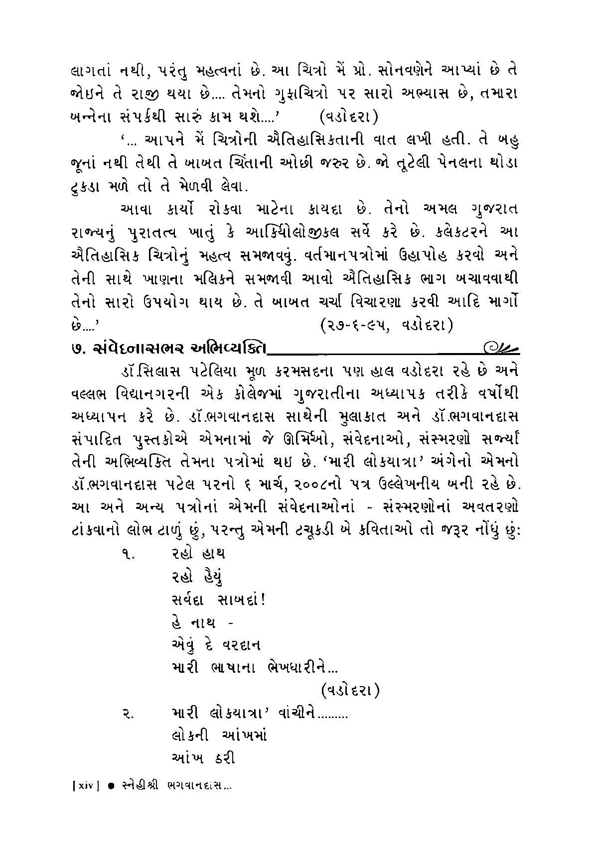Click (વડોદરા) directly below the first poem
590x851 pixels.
(350, 691)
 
